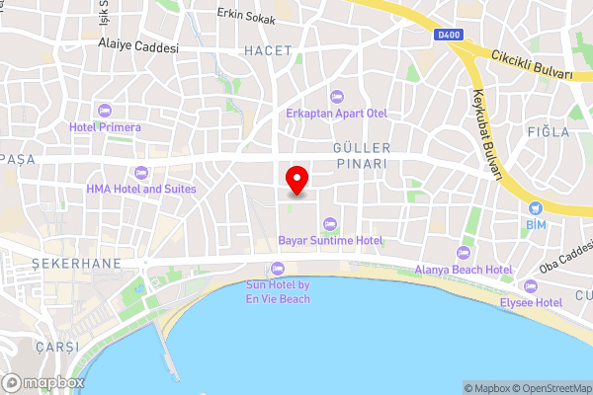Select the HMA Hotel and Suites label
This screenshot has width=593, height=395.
click(x=140, y=189)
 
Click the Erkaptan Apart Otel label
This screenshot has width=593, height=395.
click(x=335, y=113)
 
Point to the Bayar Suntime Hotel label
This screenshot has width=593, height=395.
click(x=330, y=240)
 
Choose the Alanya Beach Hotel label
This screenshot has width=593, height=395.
click(x=464, y=270)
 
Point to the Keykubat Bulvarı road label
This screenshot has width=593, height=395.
click(x=487, y=134)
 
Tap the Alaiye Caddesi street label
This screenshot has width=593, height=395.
click(x=138, y=46)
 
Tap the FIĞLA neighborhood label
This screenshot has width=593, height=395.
click(x=549, y=131)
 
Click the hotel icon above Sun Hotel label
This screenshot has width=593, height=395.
click(x=277, y=269)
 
